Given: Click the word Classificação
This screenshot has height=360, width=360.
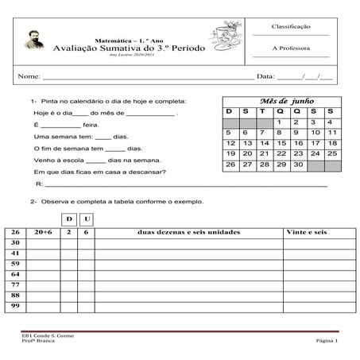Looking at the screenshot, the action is tap(290, 26).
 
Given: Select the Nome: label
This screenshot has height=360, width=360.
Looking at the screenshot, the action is tap(29, 77).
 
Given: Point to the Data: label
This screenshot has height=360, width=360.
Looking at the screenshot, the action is tap(266, 77).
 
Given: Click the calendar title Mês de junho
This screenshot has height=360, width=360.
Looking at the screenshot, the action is tap(286, 102).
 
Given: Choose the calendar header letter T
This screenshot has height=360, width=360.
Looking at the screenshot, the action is tap(263, 112).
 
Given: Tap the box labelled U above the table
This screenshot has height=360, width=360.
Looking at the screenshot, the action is tap(87, 218).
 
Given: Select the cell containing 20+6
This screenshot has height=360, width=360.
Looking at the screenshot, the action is tap(43, 232).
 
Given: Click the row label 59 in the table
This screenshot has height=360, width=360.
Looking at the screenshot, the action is tap(15, 263).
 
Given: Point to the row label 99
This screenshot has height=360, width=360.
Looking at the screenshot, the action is tap(15, 305).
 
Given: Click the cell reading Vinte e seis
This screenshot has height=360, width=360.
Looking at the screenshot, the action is tap(305, 232).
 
